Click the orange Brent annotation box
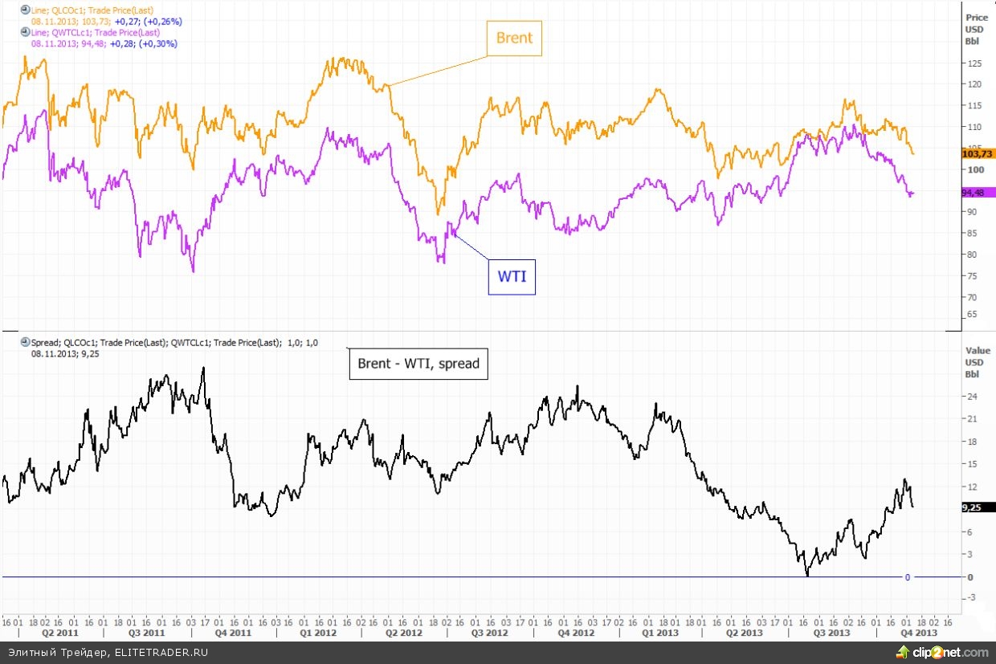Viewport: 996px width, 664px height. coord(514,38)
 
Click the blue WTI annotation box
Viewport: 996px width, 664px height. coord(512,277)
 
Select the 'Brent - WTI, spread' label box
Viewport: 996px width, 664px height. coord(418,364)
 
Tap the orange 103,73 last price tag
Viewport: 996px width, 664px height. coord(978,153)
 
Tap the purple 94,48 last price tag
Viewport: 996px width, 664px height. coord(978,193)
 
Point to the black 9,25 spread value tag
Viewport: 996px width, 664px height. coord(978,507)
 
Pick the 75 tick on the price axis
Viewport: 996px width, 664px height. coord(972,276)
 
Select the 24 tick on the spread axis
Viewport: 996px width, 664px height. coord(971,397)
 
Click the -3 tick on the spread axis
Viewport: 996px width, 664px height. coord(971,597)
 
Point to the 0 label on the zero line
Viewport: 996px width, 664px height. coord(907,577)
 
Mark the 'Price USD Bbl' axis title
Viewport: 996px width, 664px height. coord(978,29)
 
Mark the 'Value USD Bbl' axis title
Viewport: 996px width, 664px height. coord(978,362)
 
